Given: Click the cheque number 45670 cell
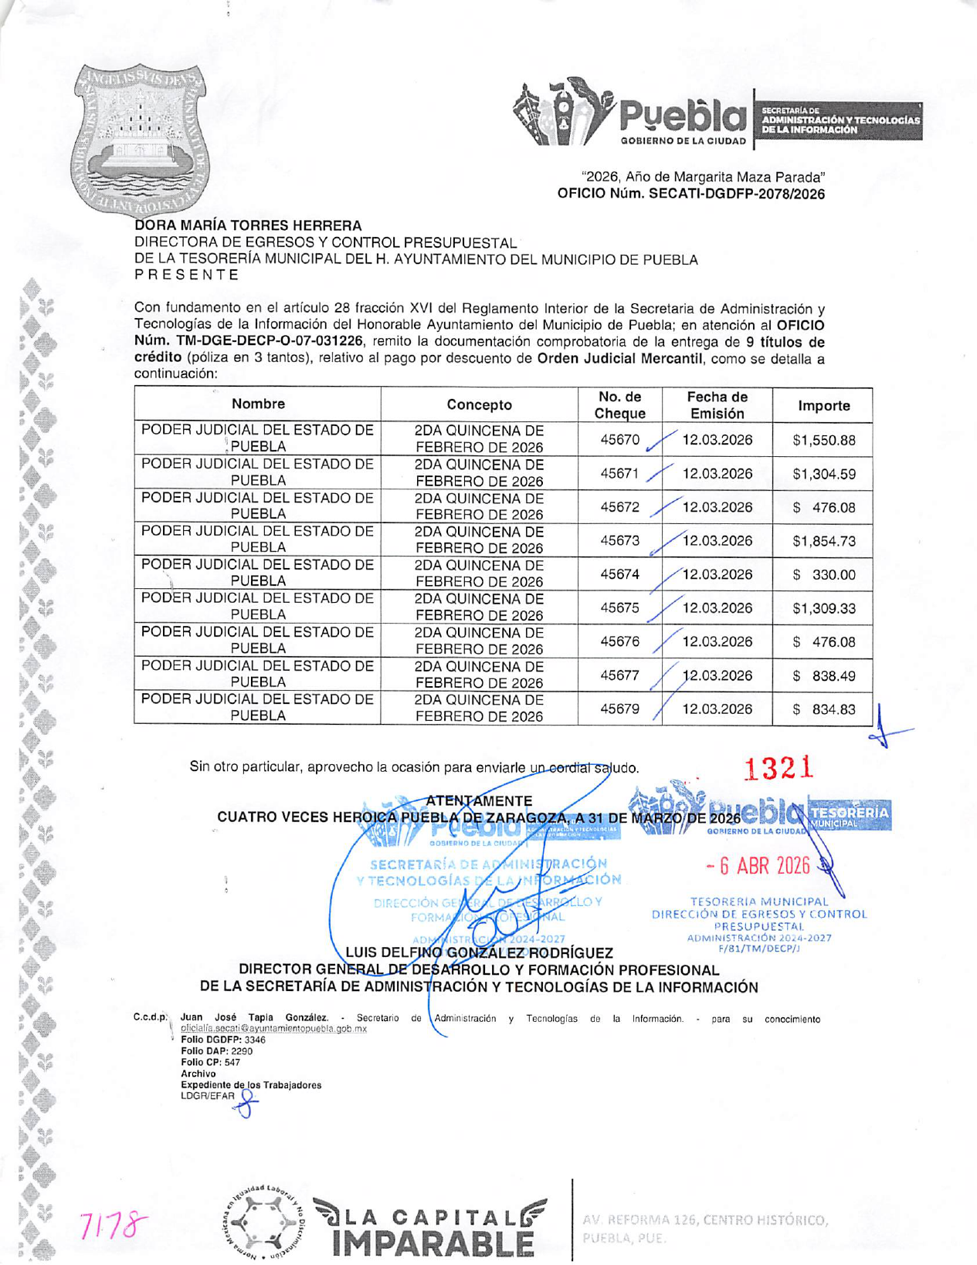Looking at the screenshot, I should pos(620,440).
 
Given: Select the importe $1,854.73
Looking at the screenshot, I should pos(824,541).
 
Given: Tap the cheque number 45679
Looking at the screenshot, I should pos(620,709).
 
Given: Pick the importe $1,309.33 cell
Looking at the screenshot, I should pos(824,608).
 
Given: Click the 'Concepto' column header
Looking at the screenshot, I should pos(479,404).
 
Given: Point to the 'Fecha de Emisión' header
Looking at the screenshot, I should pos(717,405).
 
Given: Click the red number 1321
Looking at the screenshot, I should pos(779,768).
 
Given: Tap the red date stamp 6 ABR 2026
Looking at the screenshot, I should pos(758,865).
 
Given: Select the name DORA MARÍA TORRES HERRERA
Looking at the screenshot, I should pos(248,225).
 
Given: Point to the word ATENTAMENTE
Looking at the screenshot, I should pos(479,801).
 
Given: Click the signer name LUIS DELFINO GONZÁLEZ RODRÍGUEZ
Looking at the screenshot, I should pos(479,952).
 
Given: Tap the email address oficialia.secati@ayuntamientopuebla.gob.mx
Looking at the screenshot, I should pos(273,1029).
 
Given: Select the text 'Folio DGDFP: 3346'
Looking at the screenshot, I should pos(223,1040).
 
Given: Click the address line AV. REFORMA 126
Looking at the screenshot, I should pos(704,1220).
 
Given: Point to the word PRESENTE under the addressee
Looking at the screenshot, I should pos(186,275).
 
